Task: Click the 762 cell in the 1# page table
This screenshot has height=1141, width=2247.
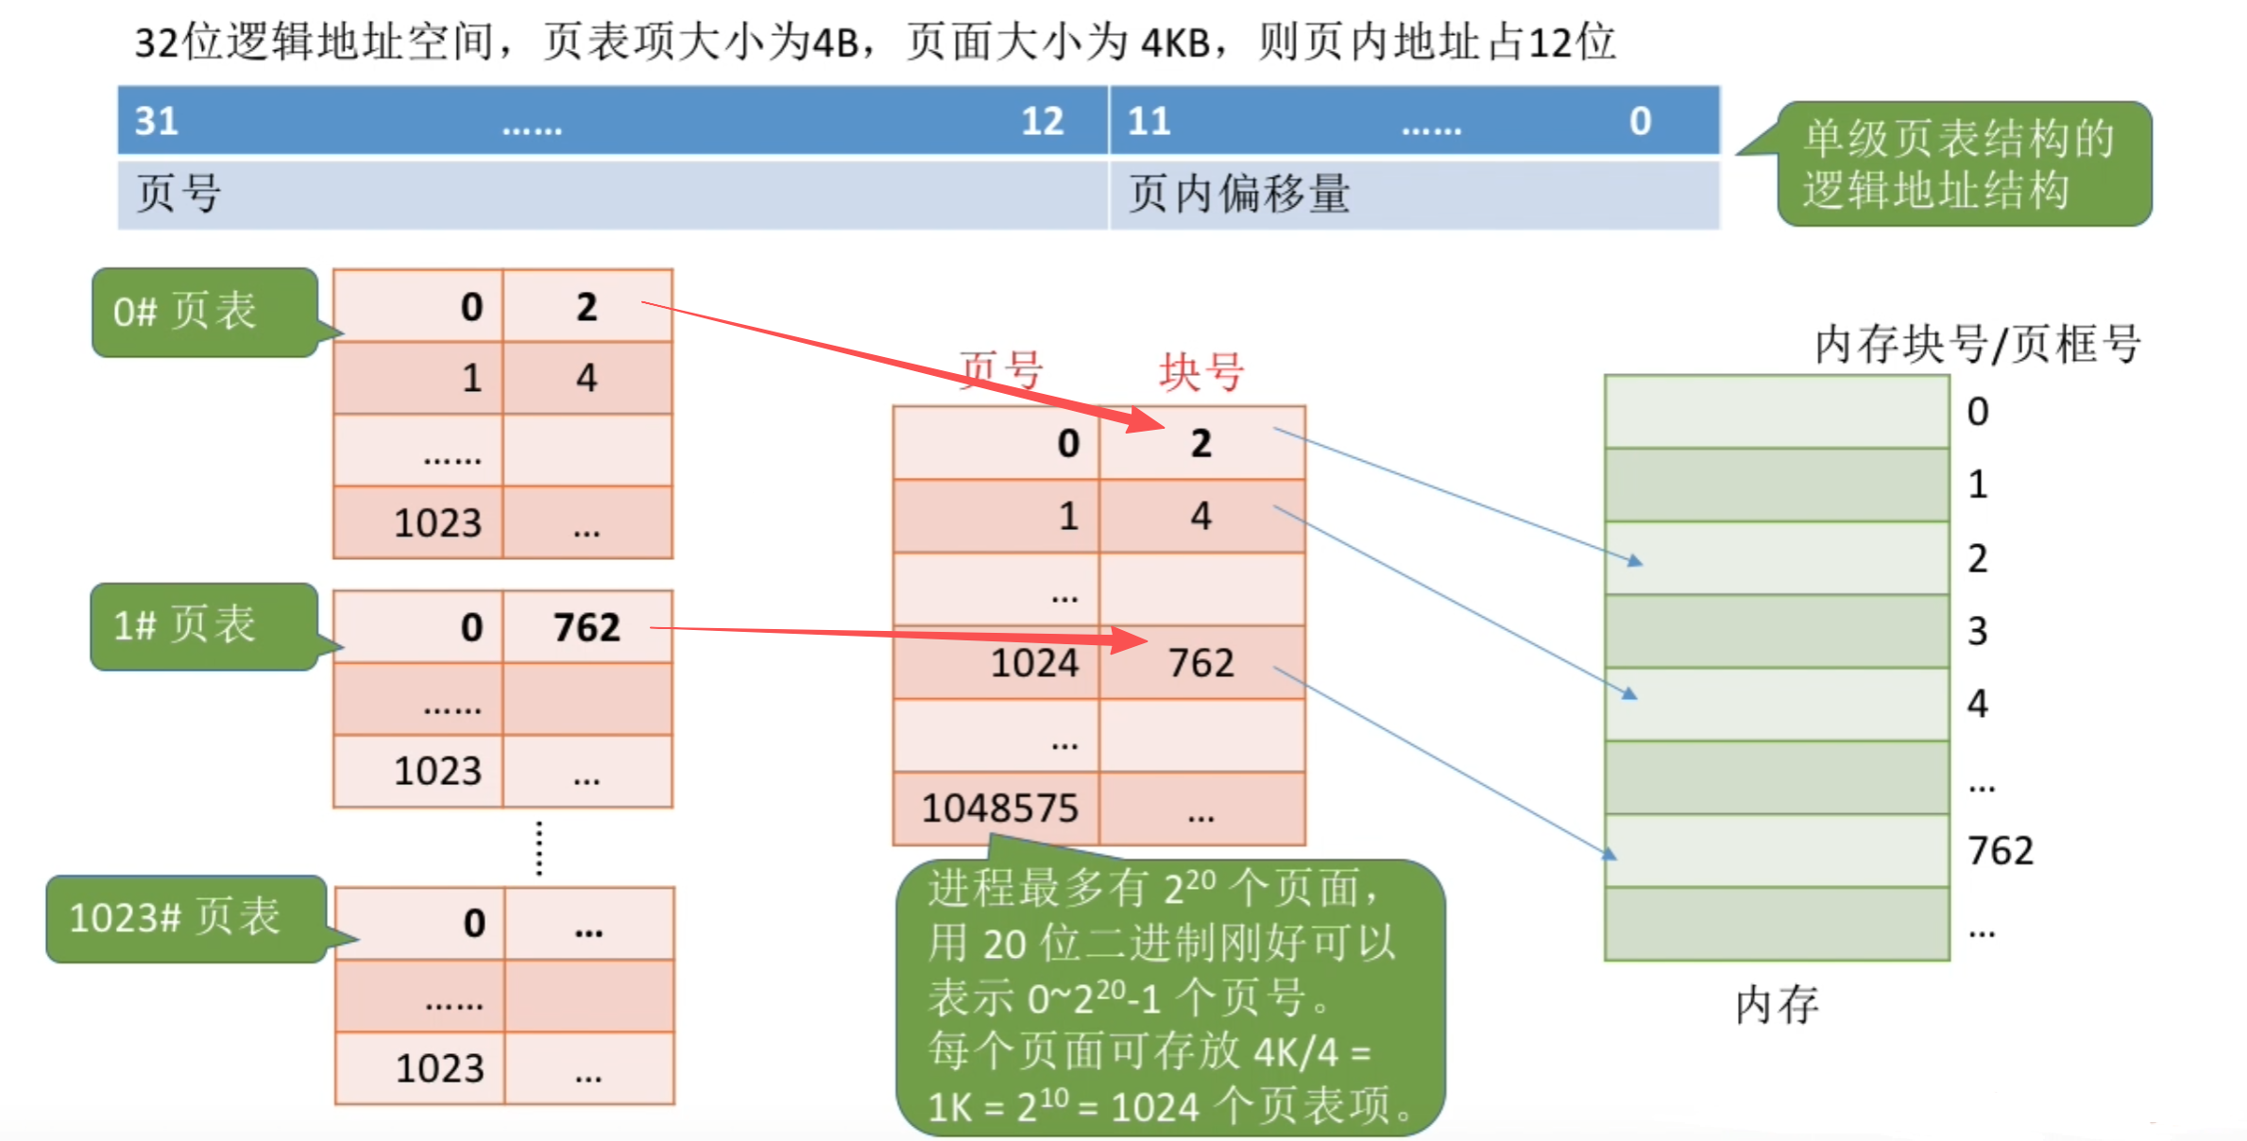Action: pyautogui.click(x=587, y=627)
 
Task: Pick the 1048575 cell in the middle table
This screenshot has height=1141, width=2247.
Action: pyautogui.click(x=998, y=809)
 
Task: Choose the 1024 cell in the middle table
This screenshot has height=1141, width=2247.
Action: pyautogui.click(x=1033, y=663)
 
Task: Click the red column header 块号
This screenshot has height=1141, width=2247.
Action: pyautogui.click(x=1200, y=371)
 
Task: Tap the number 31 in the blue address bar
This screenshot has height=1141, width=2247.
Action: pyautogui.click(x=156, y=121)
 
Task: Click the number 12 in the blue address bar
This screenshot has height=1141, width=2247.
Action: pyautogui.click(x=1042, y=121)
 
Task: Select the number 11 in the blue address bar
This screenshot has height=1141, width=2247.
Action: pyautogui.click(x=1149, y=121)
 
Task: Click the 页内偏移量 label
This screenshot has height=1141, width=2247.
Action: pyautogui.click(x=1239, y=194)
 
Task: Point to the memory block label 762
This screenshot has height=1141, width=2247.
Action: pyautogui.click(x=2000, y=851)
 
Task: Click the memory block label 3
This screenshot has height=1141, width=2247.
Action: pyautogui.click(x=1977, y=631)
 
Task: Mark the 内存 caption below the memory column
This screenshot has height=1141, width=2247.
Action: pyautogui.click(x=1776, y=1004)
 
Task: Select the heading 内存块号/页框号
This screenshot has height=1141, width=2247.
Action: pyautogui.click(x=1977, y=344)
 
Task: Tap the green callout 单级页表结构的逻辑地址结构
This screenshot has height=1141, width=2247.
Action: pyautogui.click(x=1962, y=164)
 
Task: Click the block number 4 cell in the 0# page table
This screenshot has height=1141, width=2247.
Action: pyautogui.click(x=587, y=379)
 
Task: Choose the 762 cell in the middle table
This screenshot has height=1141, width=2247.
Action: pyautogui.click(x=1200, y=663)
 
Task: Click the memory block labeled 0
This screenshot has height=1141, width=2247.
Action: pyautogui.click(x=1777, y=412)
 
